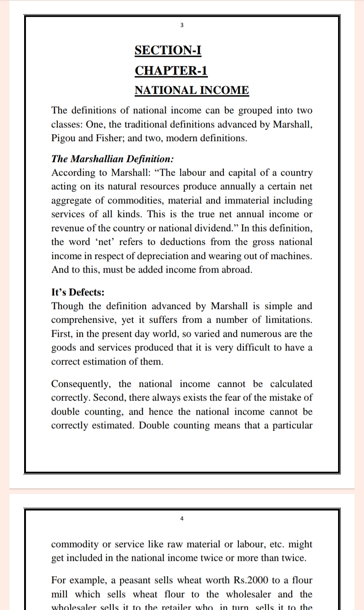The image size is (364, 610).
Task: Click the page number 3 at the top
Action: (x=182, y=25)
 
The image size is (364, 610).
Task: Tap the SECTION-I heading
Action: (x=168, y=50)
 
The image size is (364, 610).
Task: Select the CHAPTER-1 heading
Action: (x=171, y=71)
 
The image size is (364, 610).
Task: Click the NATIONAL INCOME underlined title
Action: (x=192, y=90)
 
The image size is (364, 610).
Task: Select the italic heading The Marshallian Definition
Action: (x=112, y=159)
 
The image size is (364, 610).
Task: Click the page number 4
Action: (x=182, y=518)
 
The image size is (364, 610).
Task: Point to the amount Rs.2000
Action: (x=251, y=580)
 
